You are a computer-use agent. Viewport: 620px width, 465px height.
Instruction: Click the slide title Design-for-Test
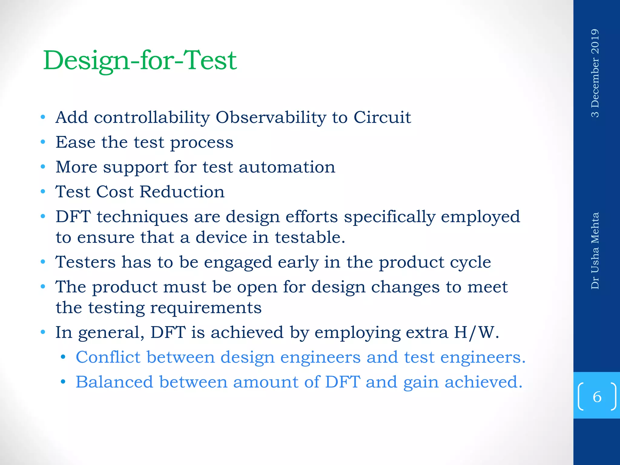[140, 61]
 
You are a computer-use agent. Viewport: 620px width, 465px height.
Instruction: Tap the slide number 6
[597, 397]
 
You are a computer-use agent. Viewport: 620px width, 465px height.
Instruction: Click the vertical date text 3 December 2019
[595, 73]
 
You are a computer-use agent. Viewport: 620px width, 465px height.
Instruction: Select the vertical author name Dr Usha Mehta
[595, 251]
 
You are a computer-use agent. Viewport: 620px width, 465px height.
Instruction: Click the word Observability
[271, 117]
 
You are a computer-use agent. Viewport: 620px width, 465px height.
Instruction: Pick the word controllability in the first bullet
[152, 117]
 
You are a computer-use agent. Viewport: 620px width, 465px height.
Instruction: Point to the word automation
[287, 167]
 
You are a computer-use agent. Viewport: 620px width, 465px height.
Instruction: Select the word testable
[310, 237]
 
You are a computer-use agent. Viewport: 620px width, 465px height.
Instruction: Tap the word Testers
[85, 262]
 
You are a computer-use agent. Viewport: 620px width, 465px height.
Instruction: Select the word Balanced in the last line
[114, 382]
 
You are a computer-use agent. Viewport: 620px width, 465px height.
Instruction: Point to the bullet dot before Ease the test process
[43, 142]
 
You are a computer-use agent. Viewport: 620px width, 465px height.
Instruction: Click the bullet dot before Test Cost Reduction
[43, 192]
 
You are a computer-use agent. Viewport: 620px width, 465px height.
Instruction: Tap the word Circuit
[382, 117]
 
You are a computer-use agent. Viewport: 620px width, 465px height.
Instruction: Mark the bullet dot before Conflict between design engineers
[63, 358]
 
